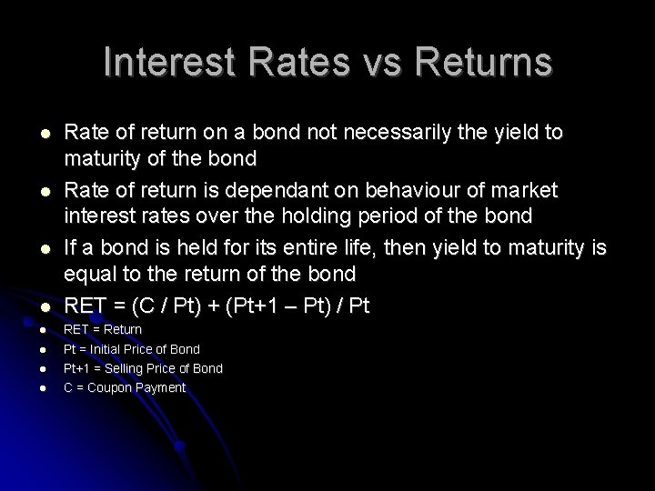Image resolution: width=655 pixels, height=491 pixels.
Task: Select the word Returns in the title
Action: pyautogui.click(x=481, y=62)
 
